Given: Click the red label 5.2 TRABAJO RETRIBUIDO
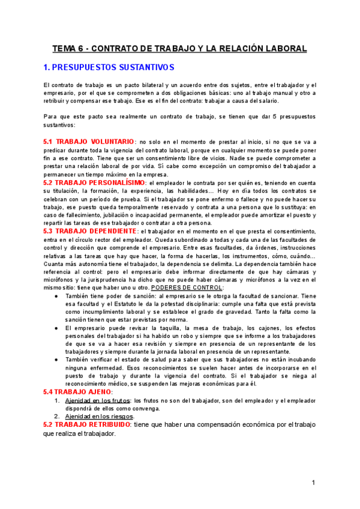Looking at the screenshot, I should pos(87,424).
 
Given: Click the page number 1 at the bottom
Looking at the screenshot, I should pos(314,483).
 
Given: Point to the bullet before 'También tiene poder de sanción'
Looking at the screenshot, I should pos(56,297).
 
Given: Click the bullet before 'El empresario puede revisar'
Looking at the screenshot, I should pos(56,328).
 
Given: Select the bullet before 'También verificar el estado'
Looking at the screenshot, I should pos(56,360).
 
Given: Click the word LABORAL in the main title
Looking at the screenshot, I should pos(283,49).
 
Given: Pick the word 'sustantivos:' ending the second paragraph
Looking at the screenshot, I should pos(60,125).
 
